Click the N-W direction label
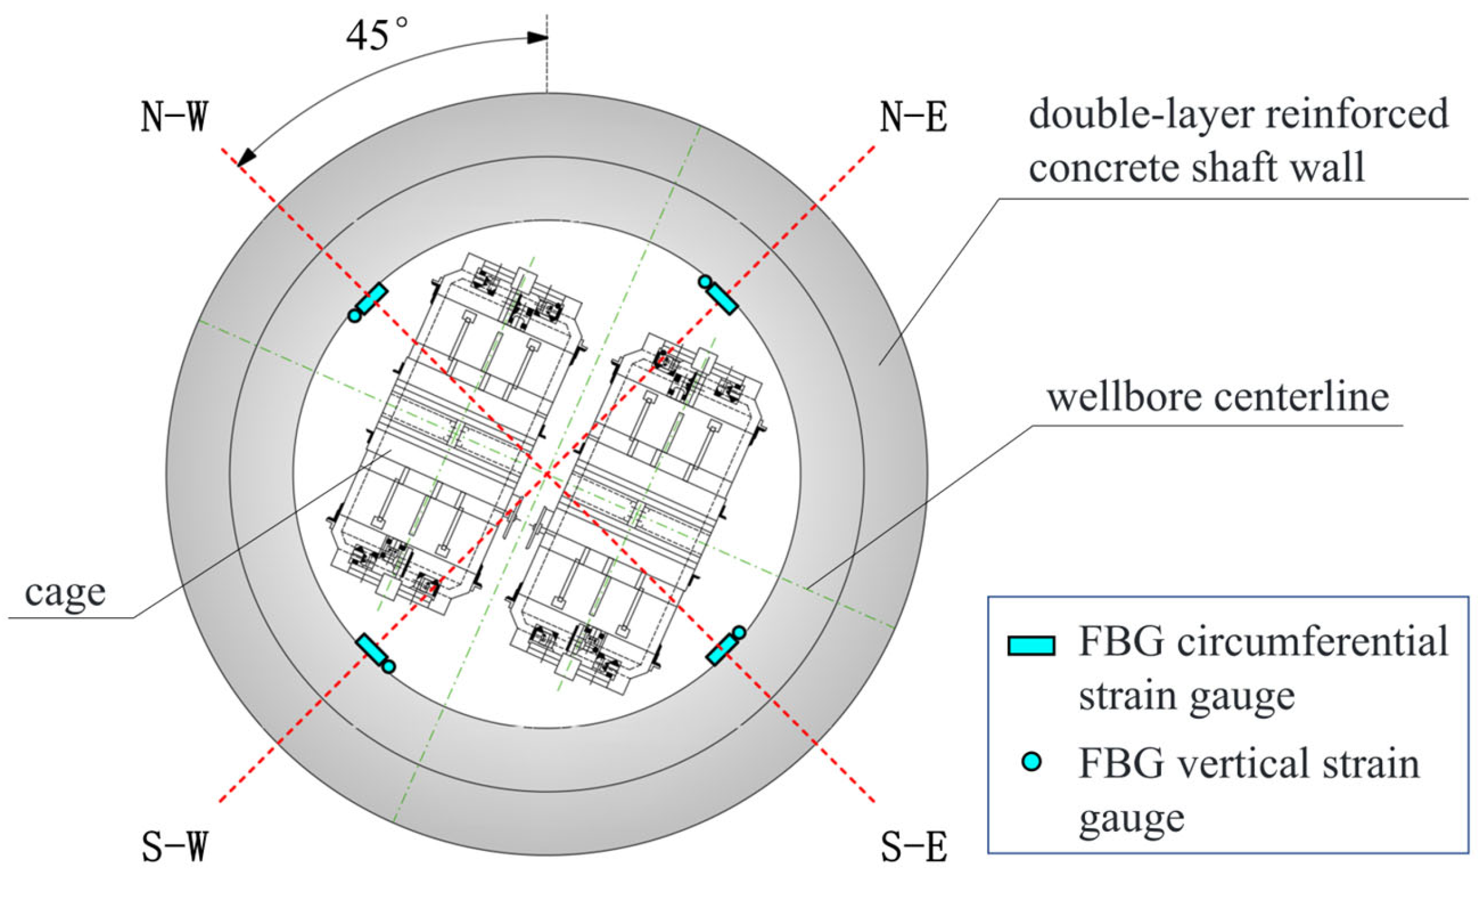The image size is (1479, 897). pos(174,116)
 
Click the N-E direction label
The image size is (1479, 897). pos(913,116)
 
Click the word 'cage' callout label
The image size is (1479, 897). pos(65,592)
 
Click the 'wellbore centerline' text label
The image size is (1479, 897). pos(1218,397)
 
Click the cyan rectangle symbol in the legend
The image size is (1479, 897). pos(1031,646)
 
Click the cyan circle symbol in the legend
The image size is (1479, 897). pos(1031,761)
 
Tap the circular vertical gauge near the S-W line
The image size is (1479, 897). pos(389,667)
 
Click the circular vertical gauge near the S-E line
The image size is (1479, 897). pos(738,633)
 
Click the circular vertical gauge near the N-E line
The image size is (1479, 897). pos(705,282)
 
